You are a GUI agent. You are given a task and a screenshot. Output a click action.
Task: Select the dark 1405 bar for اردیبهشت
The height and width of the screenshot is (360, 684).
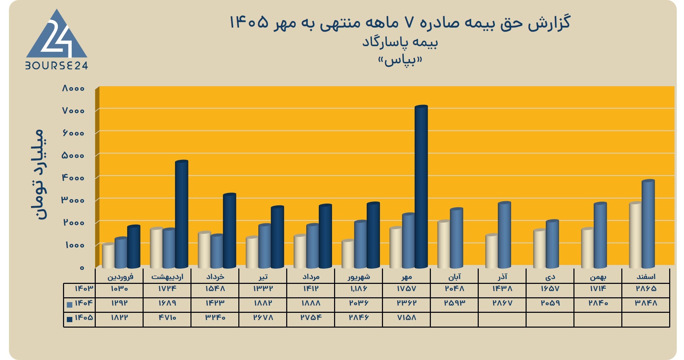coord(182,214)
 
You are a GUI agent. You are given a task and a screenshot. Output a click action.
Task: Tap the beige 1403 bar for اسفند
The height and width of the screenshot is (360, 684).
coord(635,235)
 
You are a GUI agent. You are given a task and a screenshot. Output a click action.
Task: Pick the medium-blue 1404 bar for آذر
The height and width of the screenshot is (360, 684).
coord(504,235)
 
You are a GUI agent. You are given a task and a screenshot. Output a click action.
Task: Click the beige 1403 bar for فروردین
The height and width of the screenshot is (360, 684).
coord(108,256)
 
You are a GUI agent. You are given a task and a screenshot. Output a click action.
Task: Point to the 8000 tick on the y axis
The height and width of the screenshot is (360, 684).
coord(73,89)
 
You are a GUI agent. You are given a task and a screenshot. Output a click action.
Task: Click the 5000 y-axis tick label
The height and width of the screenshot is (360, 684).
coord(73,156)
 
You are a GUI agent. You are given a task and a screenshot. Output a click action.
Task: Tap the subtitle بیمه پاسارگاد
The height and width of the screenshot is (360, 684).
coord(400,42)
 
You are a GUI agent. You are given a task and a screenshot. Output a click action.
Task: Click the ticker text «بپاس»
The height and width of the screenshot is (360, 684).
coord(400,61)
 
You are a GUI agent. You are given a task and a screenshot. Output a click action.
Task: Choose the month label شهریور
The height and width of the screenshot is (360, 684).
coord(359,277)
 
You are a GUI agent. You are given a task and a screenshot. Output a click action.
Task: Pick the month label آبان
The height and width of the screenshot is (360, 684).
coord(454,277)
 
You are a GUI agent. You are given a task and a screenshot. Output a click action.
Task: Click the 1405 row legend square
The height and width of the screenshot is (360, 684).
coord(70,319)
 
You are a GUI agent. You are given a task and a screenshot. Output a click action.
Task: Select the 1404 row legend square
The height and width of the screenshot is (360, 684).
coord(70,305)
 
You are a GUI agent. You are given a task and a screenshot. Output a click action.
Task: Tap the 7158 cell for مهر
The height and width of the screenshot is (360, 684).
coord(406,318)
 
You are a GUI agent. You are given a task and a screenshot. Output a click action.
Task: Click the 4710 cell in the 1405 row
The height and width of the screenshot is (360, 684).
coord(167,318)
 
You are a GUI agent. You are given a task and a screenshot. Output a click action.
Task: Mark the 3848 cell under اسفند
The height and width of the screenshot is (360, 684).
coord(646,303)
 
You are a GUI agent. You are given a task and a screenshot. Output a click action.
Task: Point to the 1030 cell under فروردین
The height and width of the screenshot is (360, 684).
coord(120,289)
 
